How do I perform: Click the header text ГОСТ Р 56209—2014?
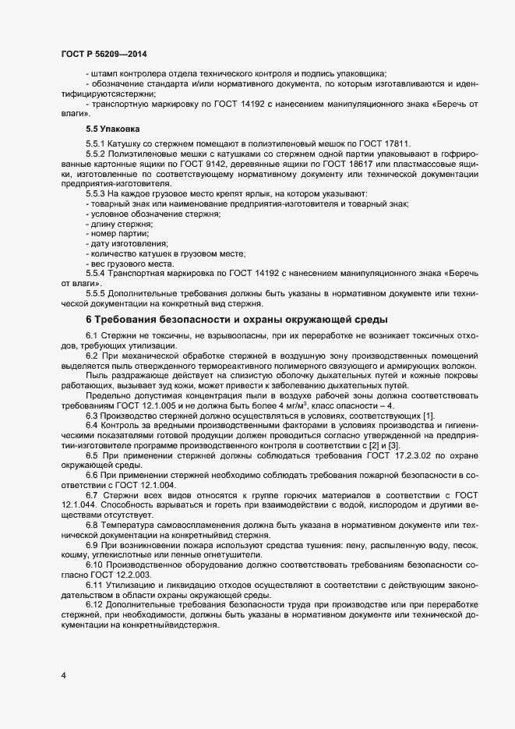(x=103, y=54)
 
